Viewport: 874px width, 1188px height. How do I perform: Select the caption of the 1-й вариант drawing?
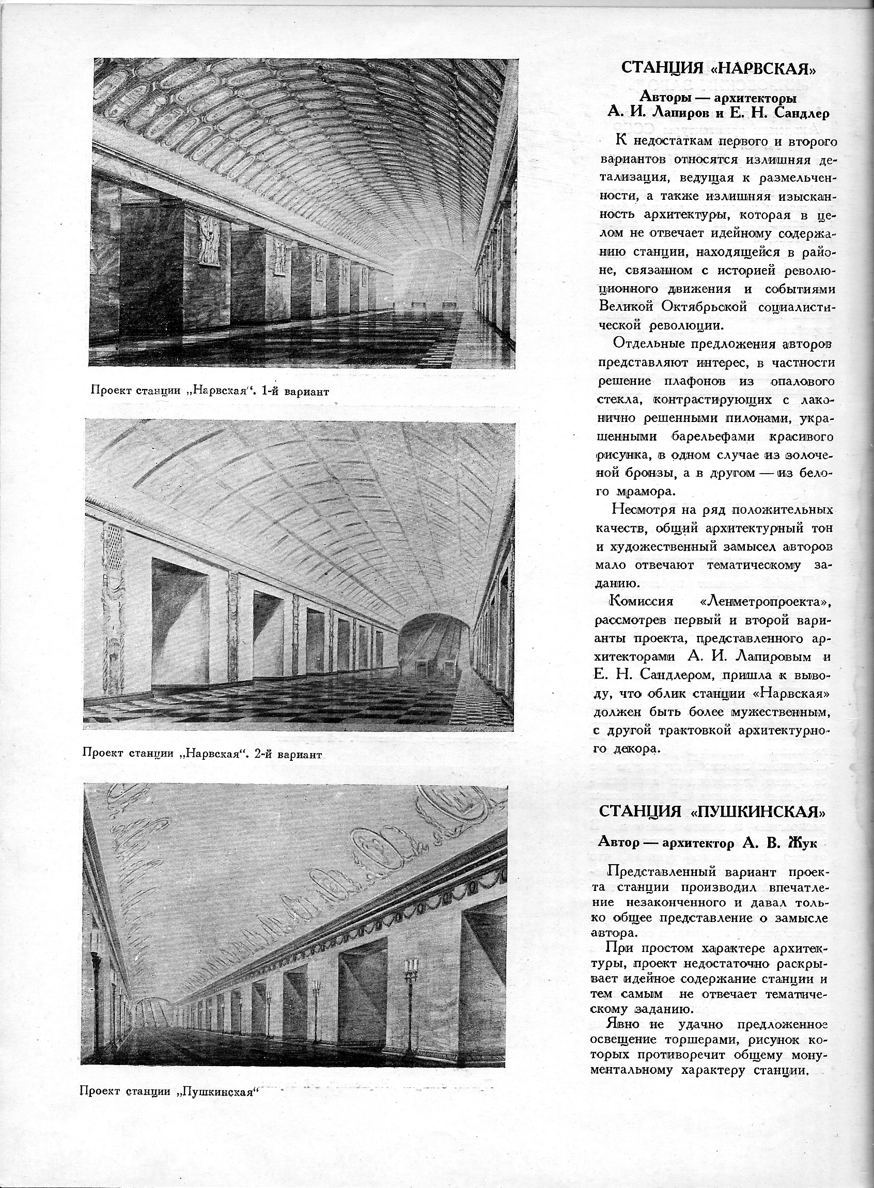click(x=210, y=392)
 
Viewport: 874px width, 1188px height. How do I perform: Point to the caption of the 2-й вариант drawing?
click(x=202, y=754)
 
